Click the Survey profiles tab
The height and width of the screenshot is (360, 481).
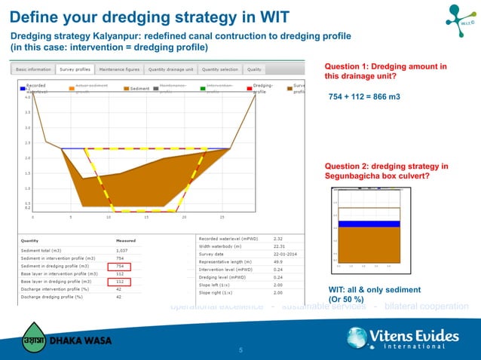pos(75,69)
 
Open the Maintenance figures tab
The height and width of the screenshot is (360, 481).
pos(119,69)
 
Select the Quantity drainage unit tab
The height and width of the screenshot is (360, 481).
pos(171,69)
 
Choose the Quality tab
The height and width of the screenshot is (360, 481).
pos(254,69)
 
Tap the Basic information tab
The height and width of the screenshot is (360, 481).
pos(34,69)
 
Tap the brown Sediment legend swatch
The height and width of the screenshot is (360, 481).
pos(126,88)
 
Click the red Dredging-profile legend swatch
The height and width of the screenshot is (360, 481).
pos(248,88)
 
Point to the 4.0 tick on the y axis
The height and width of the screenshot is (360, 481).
pos(28,97)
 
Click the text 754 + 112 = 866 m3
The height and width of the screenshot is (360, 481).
pos(364,97)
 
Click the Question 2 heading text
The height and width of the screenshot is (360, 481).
pos(386,171)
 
